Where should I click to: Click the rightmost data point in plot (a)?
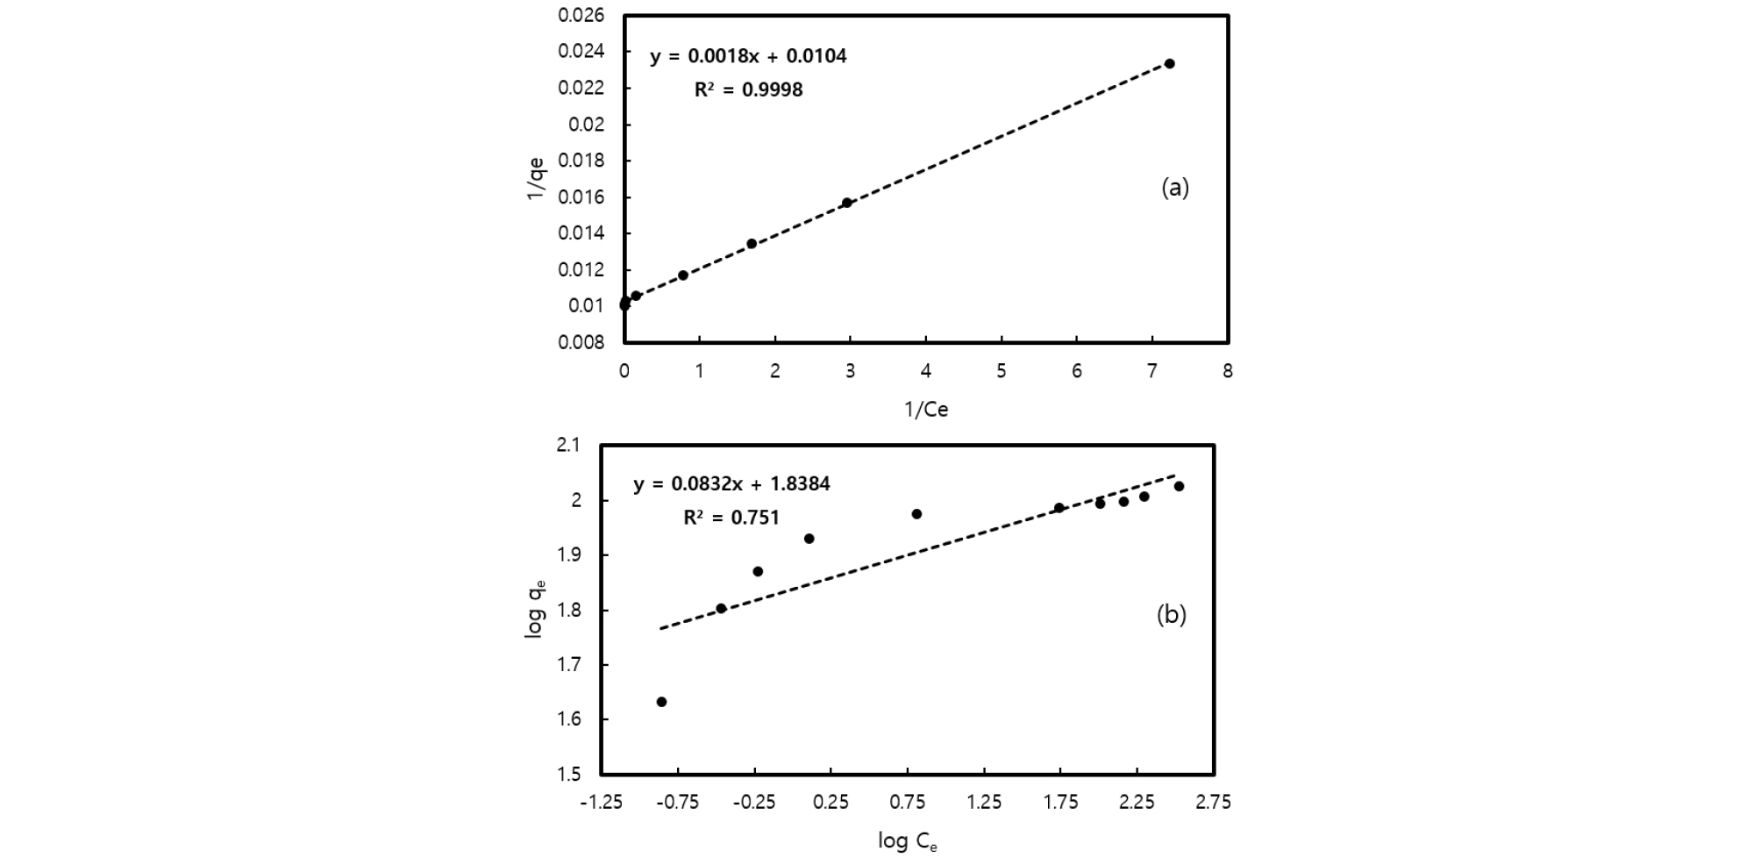point(1169,64)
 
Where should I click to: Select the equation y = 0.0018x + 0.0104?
point(748,57)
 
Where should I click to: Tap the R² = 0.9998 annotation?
point(748,89)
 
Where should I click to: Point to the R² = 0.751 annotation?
point(731,518)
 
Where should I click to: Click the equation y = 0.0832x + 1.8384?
point(731,484)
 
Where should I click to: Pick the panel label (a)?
point(1175,188)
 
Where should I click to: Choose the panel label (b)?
point(1172,615)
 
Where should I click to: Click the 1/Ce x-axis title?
point(926,410)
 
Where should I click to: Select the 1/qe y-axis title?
point(536,178)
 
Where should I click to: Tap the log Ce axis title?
point(908,842)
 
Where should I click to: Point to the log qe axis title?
point(536,609)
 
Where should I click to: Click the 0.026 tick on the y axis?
point(581,16)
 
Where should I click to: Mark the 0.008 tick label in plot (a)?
point(581,342)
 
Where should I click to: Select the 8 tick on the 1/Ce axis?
point(1228,371)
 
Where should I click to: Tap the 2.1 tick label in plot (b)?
point(568,446)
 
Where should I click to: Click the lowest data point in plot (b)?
point(661,702)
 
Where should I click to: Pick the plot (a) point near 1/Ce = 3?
point(847,203)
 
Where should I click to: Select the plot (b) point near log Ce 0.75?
point(916,514)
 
